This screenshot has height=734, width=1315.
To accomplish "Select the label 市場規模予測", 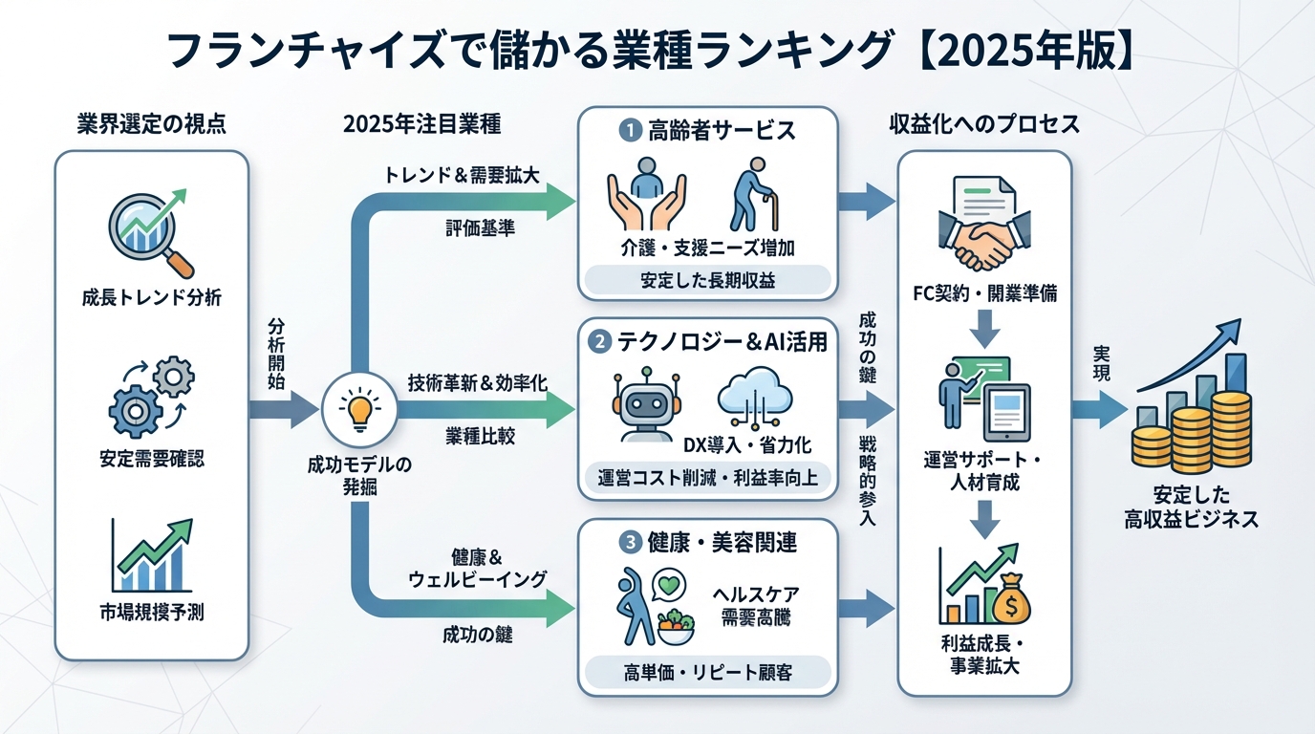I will (x=152, y=613).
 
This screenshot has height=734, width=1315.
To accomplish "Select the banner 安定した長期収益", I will (x=707, y=281).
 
